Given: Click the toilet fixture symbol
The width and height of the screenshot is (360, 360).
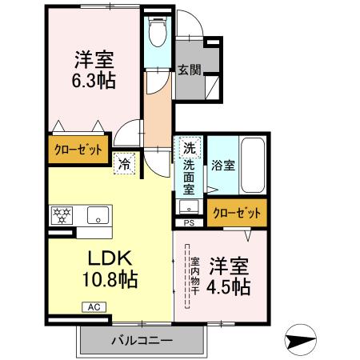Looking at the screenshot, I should point(158,33).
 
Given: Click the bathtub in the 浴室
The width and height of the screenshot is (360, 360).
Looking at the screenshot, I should point(255,165).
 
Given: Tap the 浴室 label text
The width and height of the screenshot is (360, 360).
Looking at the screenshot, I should point(222,166).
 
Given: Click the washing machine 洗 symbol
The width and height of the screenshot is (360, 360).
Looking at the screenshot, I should point(189,148).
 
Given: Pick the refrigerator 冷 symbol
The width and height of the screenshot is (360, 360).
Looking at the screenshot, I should point(125,162).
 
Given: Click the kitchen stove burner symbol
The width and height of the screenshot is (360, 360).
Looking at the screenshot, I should point(61,214).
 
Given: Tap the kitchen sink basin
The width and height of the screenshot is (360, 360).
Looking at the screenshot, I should point(98,214).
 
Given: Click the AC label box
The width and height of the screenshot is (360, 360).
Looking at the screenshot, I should point(92,306).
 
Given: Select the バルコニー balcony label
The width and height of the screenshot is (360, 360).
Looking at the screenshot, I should point(141,341).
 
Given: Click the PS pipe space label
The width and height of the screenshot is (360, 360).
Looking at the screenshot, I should point(189,223).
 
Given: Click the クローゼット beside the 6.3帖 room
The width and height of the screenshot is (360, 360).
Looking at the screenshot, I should point(77,150).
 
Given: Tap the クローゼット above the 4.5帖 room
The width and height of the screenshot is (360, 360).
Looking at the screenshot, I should point(237,214).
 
